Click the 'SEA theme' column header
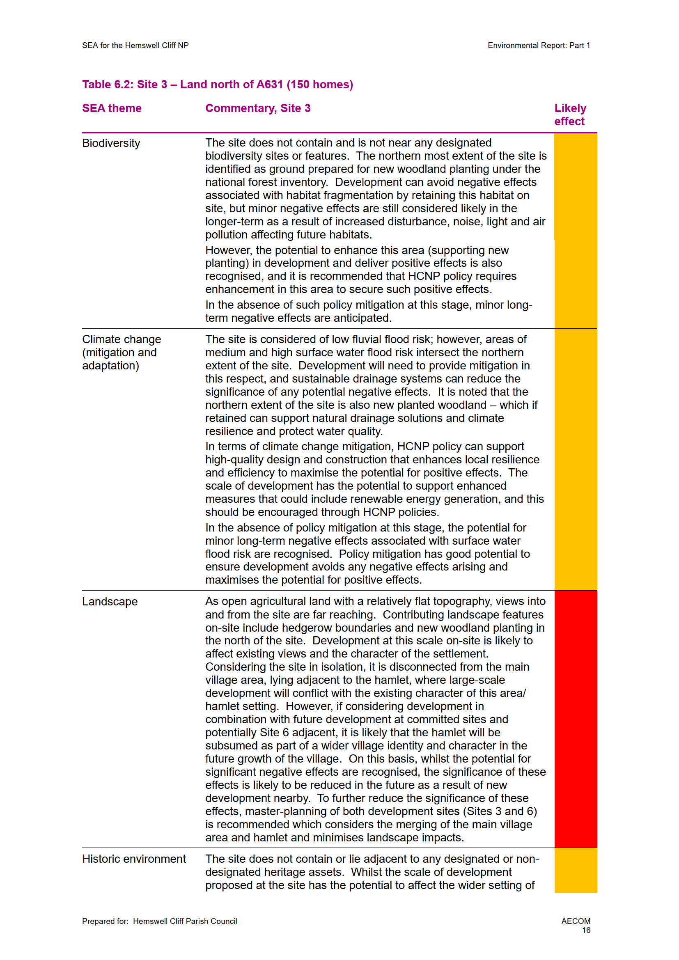pyautogui.click(x=112, y=108)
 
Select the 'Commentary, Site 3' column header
pyautogui.click(x=257, y=108)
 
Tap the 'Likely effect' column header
pyautogui.click(x=570, y=115)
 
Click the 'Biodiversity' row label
pyautogui.click(x=111, y=143)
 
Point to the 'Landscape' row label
pyautogui.click(x=110, y=601)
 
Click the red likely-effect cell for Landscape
pyautogui.click(x=575, y=719)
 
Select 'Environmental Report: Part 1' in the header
pyautogui.click(x=539, y=45)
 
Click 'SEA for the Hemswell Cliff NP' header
pyautogui.click(x=135, y=45)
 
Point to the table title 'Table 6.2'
pyautogui.click(x=108, y=85)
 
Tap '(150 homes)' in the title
pyautogui.click(x=320, y=85)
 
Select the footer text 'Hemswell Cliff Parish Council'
pyautogui.click(x=185, y=921)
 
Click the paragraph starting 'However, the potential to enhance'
pyautogui.click(x=360, y=270)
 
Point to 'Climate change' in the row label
pyautogui.click(x=121, y=339)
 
